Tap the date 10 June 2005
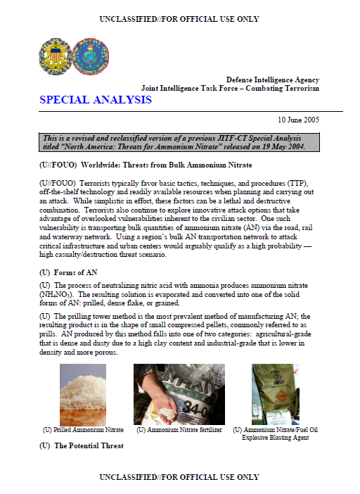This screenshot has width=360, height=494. click(x=297, y=120)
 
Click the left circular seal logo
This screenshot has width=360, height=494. click(x=54, y=56)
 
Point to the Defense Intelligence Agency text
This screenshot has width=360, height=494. click(x=272, y=80)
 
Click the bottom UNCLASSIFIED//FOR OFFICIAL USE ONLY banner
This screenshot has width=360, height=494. click(x=179, y=477)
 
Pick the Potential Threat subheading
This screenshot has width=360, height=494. click(x=81, y=445)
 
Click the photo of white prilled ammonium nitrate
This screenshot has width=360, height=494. click(x=83, y=394)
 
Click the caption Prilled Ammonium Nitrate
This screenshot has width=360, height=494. click(x=83, y=429)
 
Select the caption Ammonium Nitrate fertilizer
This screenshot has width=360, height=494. click(x=179, y=429)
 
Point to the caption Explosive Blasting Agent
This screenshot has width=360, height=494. click(x=276, y=437)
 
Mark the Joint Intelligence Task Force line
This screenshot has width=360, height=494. click(x=230, y=88)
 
